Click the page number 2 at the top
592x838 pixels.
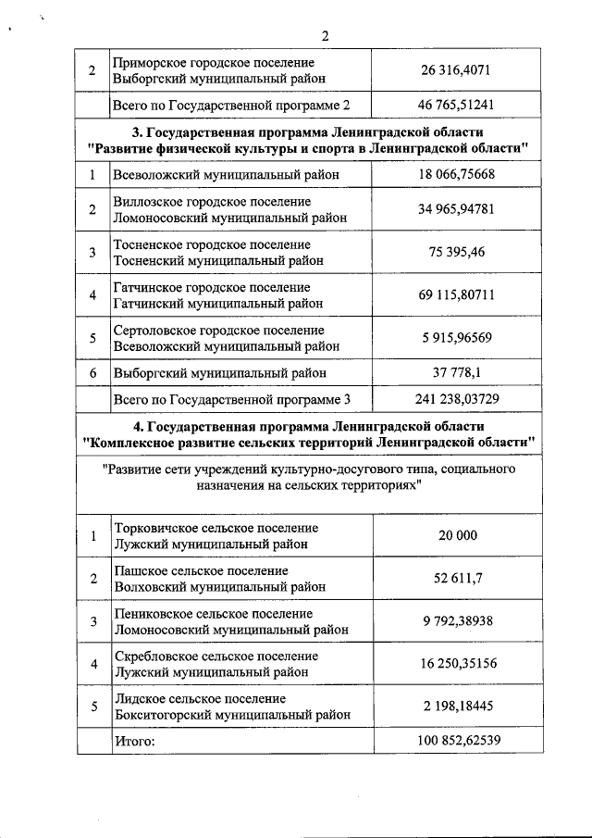point(325,36)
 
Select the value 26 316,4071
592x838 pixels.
point(457,71)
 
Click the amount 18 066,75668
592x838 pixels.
point(457,174)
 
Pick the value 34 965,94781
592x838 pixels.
point(457,209)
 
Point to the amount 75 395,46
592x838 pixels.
point(457,253)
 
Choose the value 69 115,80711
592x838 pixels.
point(457,295)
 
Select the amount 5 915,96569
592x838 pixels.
point(457,338)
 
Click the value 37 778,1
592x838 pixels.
point(457,373)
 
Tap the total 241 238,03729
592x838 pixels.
point(457,399)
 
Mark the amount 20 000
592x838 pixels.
point(457,536)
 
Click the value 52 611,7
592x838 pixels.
point(457,579)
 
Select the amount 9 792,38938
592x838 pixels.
point(457,621)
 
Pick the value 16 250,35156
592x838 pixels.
point(457,665)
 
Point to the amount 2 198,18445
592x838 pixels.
point(457,707)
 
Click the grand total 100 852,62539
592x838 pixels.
point(457,741)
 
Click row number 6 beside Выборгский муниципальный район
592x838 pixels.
point(92,373)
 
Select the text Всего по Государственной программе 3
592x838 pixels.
point(230,400)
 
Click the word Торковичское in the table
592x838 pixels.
point(152,528)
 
